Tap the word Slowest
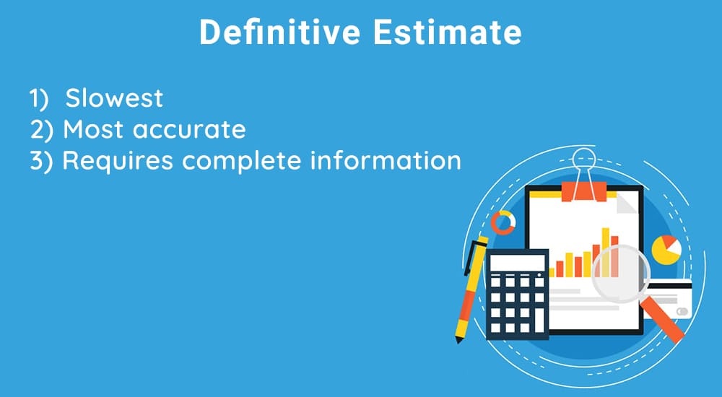[x=114, y=97]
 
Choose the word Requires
[x=118, y=161]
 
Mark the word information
[x=386, y=160]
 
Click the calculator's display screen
[x=516, y=263]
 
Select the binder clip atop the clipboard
[x=583, y=180]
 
